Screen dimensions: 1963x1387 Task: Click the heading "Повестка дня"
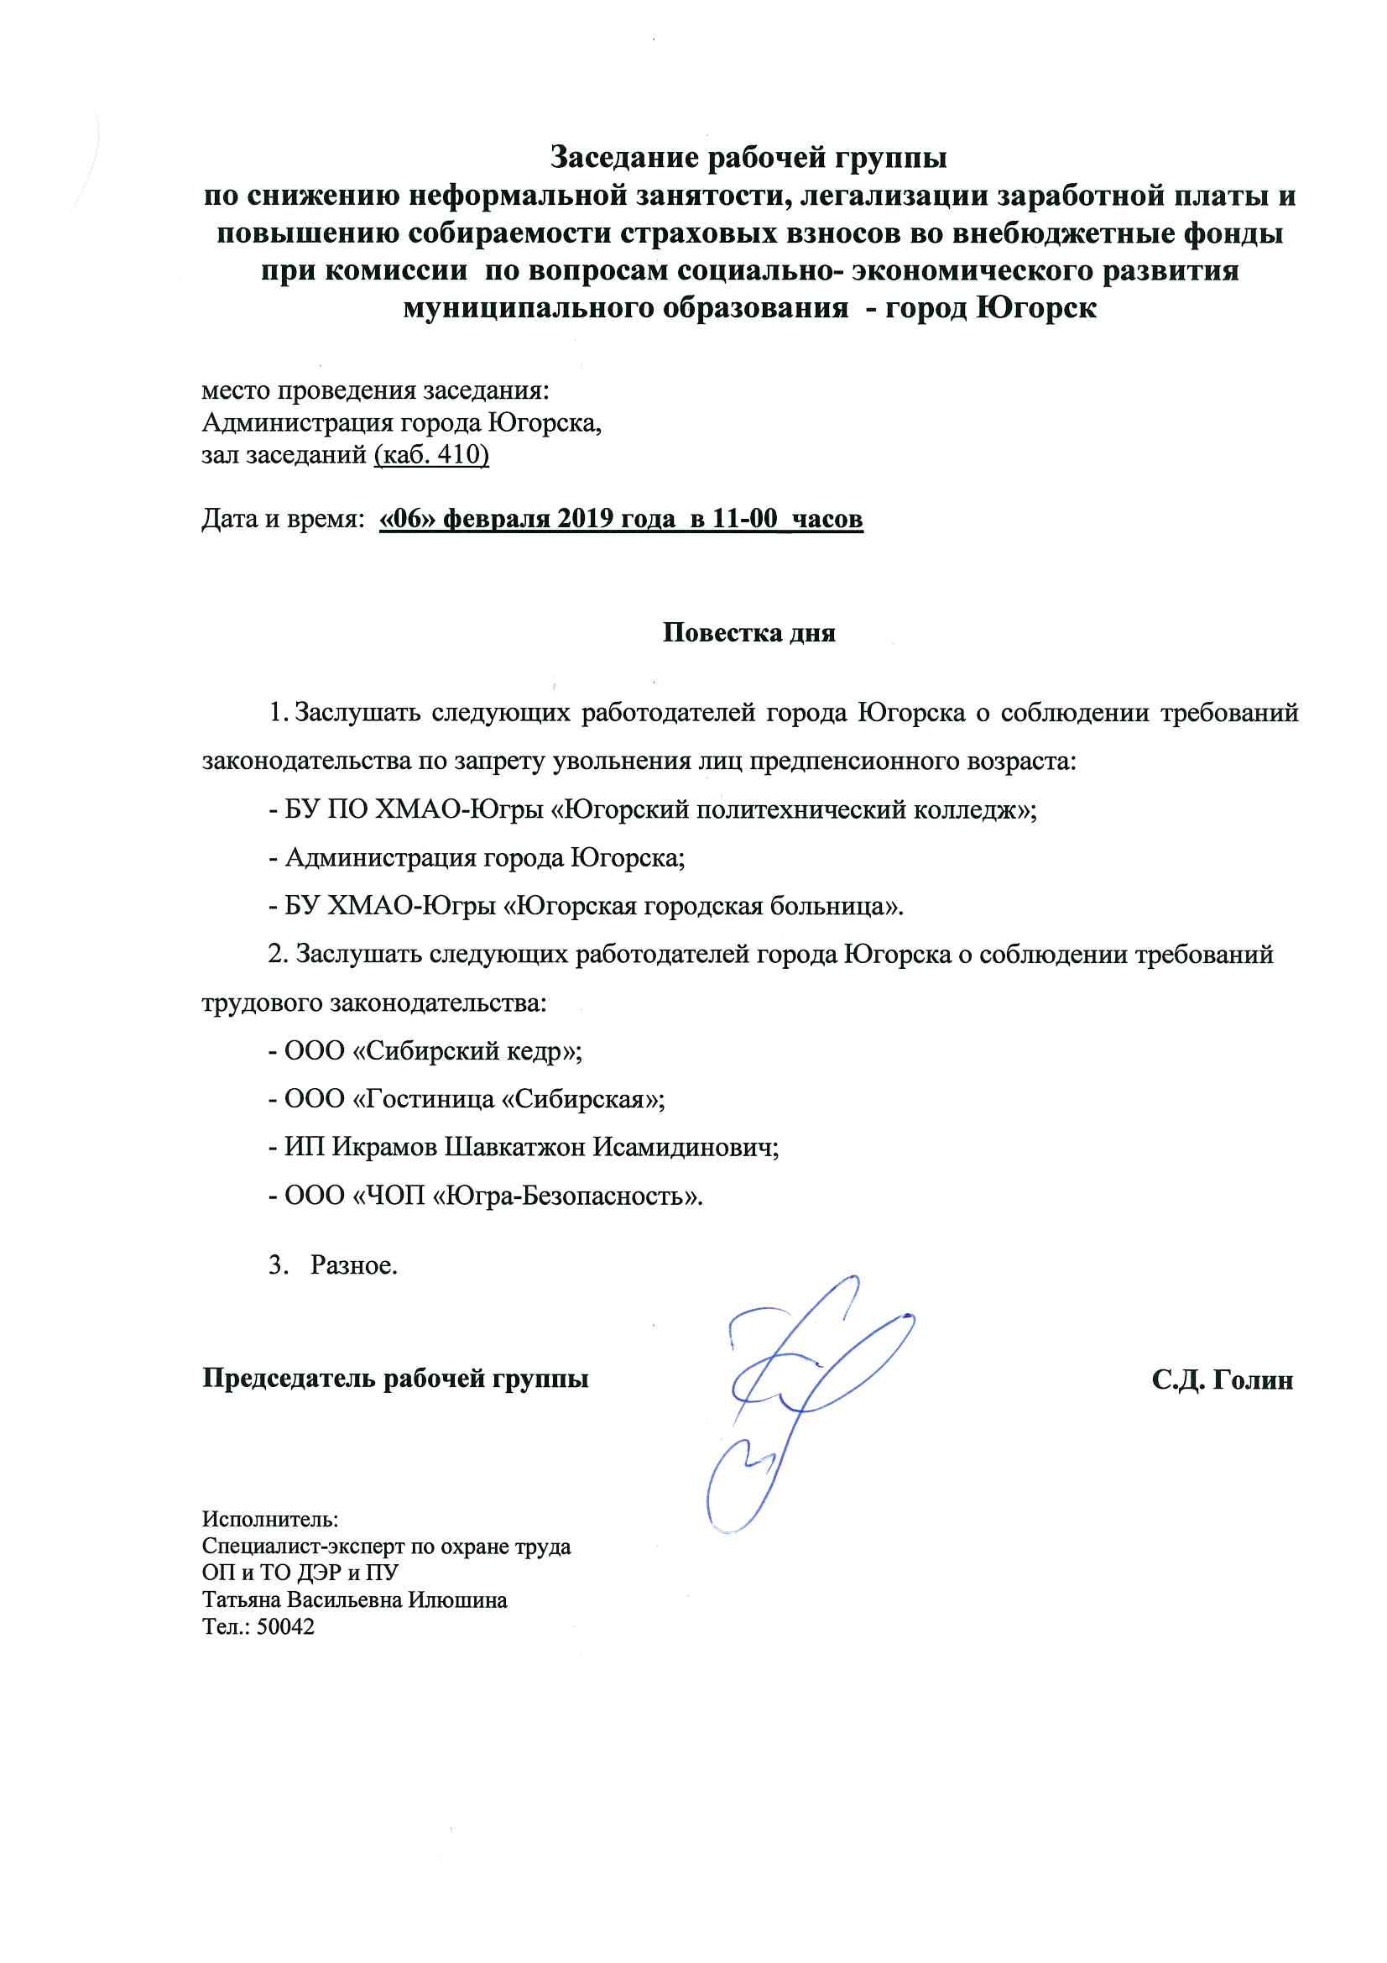point(748,634)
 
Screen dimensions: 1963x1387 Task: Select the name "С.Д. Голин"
point(1221,1381)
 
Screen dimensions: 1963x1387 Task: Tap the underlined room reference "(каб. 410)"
point(430,456)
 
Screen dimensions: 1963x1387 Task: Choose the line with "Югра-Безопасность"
point(485,1196)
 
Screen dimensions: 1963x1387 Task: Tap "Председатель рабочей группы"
point(395,1380)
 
